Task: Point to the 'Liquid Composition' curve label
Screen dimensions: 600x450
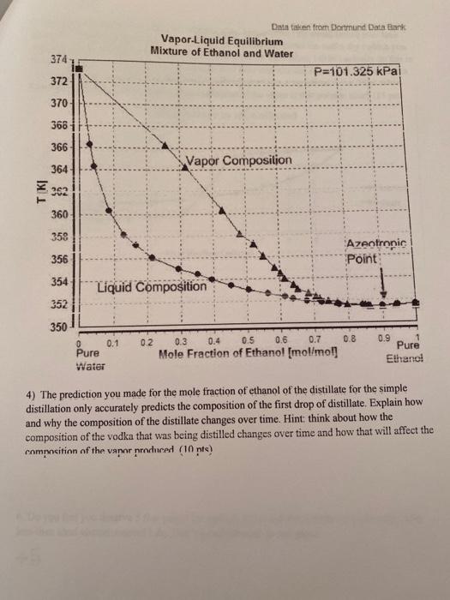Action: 152,286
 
